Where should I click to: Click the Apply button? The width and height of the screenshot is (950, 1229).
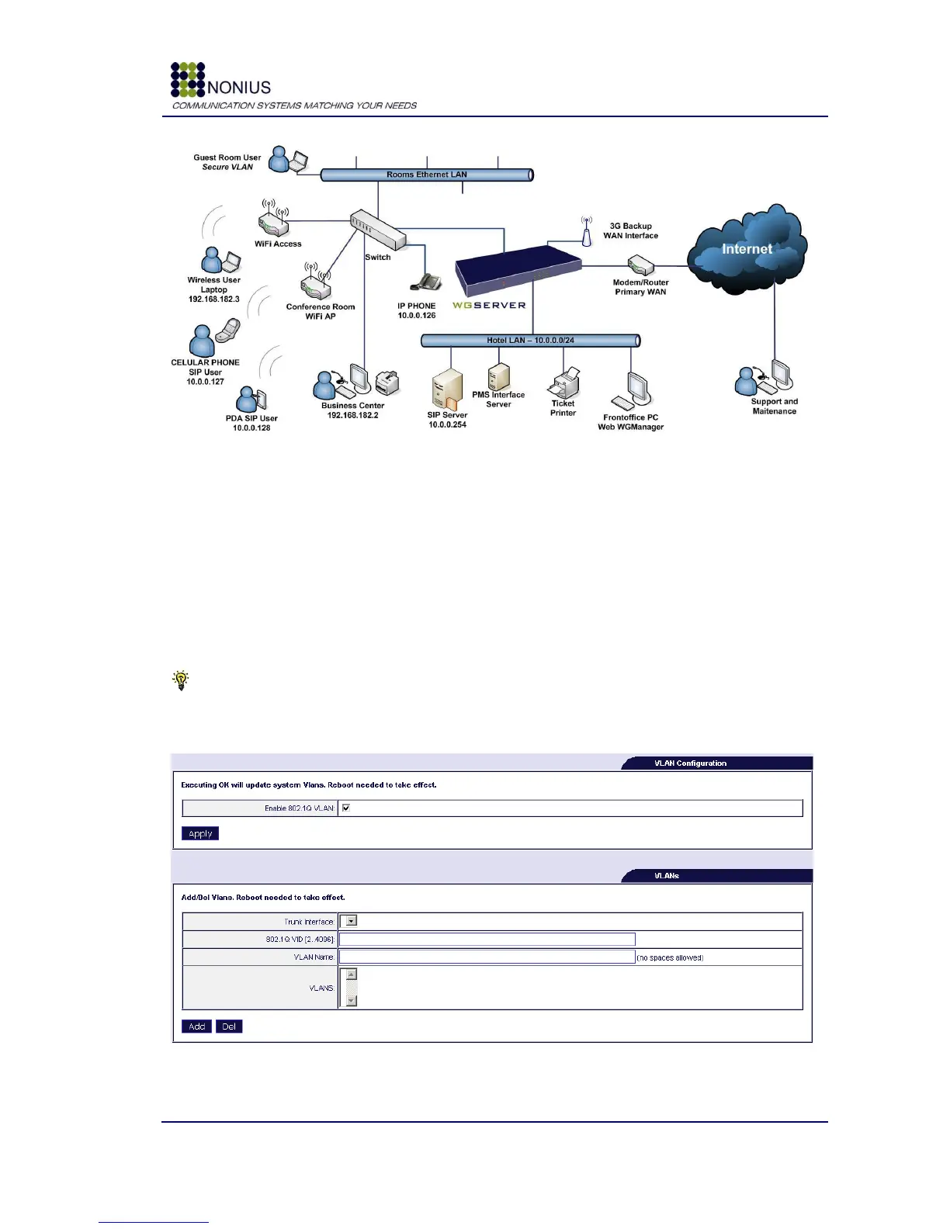pos(200,833)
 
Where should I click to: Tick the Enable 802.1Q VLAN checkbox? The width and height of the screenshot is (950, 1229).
pos(346,808)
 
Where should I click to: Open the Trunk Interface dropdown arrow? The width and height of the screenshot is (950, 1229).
pos(351,921)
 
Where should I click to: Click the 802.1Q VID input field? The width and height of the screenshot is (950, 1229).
pos(487,939)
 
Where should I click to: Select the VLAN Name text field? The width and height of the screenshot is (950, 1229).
pos(487,957)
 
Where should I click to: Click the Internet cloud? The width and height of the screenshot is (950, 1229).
pos(747,249)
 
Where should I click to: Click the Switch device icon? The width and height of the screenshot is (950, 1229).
pos(377,230)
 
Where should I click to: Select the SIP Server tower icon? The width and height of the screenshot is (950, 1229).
pos(447,389)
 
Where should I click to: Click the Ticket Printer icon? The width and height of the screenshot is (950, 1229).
pos(565,383)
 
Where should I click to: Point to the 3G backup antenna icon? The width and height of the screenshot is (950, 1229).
pos(587,230)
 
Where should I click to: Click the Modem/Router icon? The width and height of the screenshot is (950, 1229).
pos(641,266)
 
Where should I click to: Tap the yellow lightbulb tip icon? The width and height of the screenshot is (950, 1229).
pos(181,680)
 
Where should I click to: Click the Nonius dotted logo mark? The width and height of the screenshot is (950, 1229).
pos(188,79)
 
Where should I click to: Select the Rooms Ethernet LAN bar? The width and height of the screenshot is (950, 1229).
pos(427,175)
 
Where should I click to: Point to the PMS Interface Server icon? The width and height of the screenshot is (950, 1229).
pos(498,376)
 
